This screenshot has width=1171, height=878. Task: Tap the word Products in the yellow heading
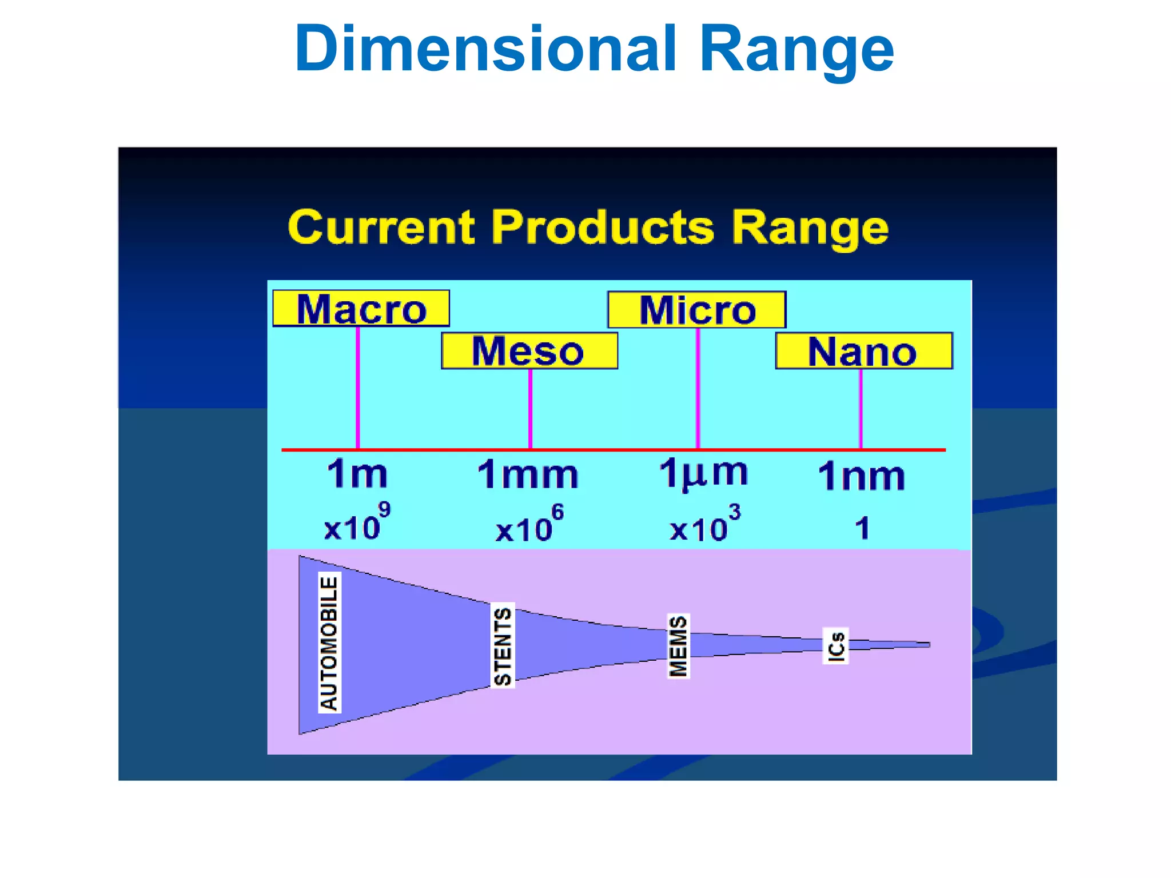tap(603, 227)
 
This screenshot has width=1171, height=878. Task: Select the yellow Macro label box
tap(361, 309)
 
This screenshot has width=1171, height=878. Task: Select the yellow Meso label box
tap(529, 350)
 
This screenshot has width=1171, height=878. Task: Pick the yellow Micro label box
tap(696, 310)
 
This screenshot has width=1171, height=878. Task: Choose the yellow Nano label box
tap(863, 351)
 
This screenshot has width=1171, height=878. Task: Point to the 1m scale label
tap(357, 474)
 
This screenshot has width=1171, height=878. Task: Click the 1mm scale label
tap(528, 474)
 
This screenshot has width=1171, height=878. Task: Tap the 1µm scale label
tap(703, 473)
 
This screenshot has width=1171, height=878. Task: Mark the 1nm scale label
tap(862, 476)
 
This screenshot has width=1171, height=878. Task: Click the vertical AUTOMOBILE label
tap(329, 642)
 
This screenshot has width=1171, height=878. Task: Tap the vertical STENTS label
tap(503, 645)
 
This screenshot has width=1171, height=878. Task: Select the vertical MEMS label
tap(678, 646)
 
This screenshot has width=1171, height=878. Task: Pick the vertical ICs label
tap(835, 646)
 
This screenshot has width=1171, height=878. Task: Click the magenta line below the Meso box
tap(530, 409)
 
